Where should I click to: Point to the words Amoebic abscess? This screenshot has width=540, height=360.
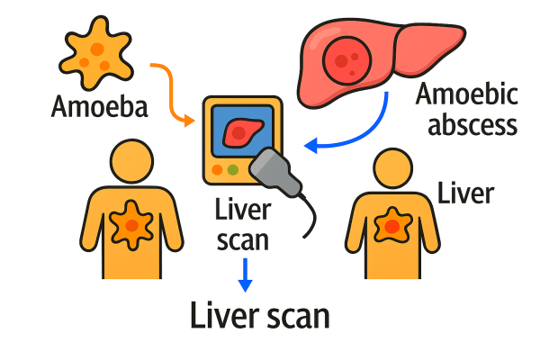pyautogui.click(x=467, y=109)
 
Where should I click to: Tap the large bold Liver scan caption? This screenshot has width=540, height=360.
pyautogui.click(x=260, y=317)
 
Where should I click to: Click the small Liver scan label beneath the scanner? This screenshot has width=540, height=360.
pyautogui.click(x=243, y=226)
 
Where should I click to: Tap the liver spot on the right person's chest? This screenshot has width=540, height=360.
pyautogui.click(x=392, y=224)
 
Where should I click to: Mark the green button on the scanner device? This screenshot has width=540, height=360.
pyautogui.click(x=233, y=169)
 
